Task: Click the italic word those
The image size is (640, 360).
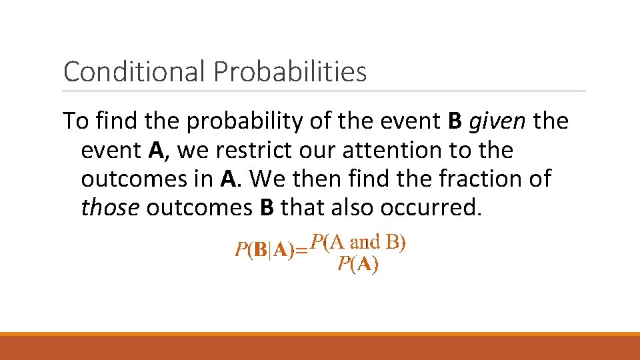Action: (x=109, y=208)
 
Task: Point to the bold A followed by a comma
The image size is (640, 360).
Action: (x=157, y=151)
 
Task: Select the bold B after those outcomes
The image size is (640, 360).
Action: (x=266, y=208)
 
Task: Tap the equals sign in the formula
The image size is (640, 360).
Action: (x=302, y=251)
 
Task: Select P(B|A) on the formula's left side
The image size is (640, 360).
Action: (x=265, y=251)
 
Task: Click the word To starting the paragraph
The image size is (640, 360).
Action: (x=75, y=122)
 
